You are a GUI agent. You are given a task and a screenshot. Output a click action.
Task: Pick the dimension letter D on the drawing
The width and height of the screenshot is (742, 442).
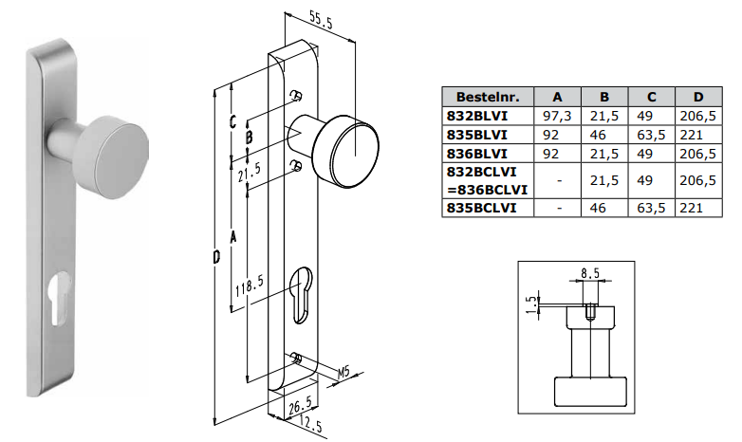(x=217, y=256)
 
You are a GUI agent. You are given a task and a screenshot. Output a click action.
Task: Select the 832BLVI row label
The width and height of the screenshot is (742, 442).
(x=476, y=115)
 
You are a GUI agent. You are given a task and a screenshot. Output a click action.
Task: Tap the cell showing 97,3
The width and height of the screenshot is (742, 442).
(x=558, y=115)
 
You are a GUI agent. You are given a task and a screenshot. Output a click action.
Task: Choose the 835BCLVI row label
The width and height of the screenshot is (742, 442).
(x=481, y=208)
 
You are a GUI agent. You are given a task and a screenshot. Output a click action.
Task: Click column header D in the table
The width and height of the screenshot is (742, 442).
(x=698, y=97)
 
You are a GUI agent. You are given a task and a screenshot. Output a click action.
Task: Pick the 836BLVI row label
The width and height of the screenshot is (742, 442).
(x=476, y=153)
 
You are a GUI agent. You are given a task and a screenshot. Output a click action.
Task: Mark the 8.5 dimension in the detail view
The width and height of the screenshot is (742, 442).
(x=589, y=273)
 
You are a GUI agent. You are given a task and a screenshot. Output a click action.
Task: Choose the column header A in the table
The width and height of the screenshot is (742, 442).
(x=558, y=97)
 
